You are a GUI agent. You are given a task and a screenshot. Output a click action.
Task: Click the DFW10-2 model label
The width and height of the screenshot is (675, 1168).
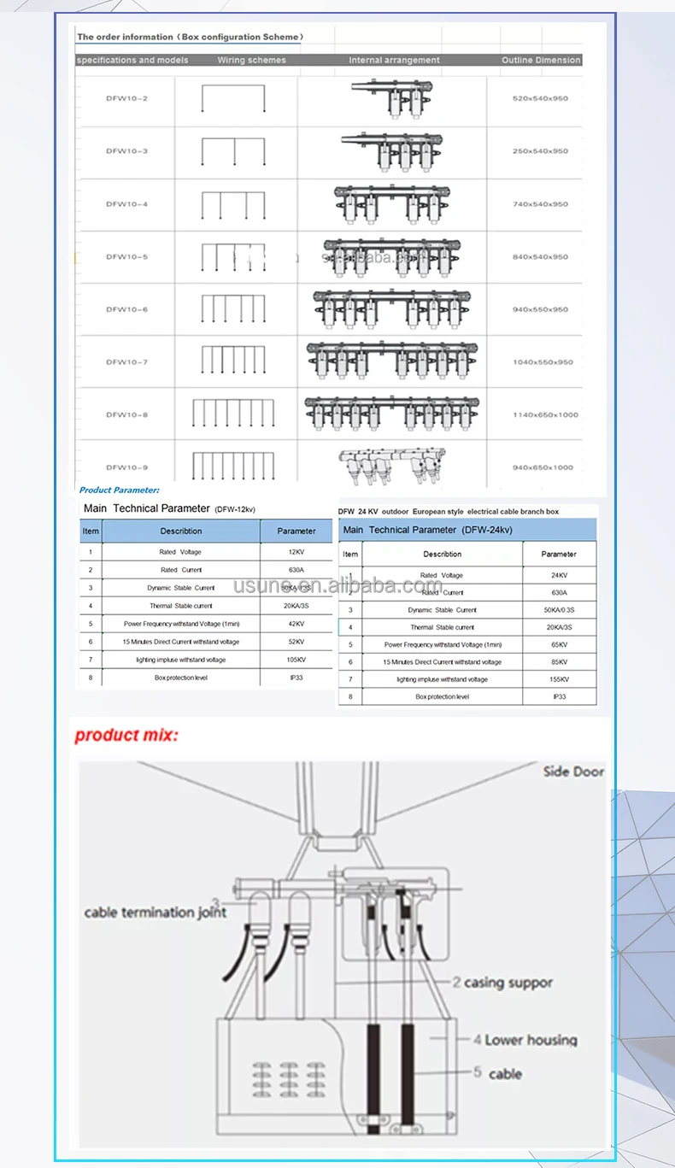coord(126,98)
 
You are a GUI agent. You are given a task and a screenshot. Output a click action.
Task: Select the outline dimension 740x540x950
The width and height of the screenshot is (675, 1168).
coord(540,204)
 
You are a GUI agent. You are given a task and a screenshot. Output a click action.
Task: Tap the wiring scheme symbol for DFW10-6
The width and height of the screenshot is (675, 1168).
coord(232,308)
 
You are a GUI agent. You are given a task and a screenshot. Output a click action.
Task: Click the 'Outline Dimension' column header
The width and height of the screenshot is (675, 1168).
coord(541,60)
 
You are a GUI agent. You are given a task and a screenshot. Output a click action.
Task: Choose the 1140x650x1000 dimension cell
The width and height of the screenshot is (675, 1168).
coord(545,414)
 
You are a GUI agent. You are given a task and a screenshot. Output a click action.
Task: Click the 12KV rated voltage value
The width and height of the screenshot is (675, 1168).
coord(296,552)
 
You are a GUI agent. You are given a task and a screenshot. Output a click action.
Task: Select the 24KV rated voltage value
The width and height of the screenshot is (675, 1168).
coord(559,576)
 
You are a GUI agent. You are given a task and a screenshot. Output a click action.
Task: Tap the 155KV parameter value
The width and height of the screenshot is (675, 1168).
coord(559,679)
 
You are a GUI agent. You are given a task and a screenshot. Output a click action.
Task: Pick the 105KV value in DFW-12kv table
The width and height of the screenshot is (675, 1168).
coord(296,660)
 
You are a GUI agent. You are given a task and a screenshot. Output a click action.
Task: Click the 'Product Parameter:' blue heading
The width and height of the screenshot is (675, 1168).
coord(119,490)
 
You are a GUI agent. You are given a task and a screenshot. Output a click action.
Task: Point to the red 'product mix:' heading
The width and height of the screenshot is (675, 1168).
coord(126,735)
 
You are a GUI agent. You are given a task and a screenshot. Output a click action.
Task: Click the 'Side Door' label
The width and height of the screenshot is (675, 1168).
coord(573,772)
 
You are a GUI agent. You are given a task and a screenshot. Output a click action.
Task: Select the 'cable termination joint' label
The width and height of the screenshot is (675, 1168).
coord(156,913)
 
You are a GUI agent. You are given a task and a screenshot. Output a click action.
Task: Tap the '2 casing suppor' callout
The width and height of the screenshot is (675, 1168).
coord(503,983)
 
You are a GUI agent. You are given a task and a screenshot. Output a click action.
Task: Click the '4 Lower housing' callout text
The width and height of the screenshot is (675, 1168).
coord(525,1040)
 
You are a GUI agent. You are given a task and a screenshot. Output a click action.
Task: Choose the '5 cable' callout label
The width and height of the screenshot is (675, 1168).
coord(498,1073)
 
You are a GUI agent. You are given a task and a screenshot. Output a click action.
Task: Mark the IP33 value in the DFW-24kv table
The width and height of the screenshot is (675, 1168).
coord(559,696)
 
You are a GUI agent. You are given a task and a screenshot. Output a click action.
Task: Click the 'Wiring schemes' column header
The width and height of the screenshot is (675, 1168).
coord(251,60)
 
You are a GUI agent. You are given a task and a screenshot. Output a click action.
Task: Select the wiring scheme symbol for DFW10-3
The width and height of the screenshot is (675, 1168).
coord(232,151)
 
